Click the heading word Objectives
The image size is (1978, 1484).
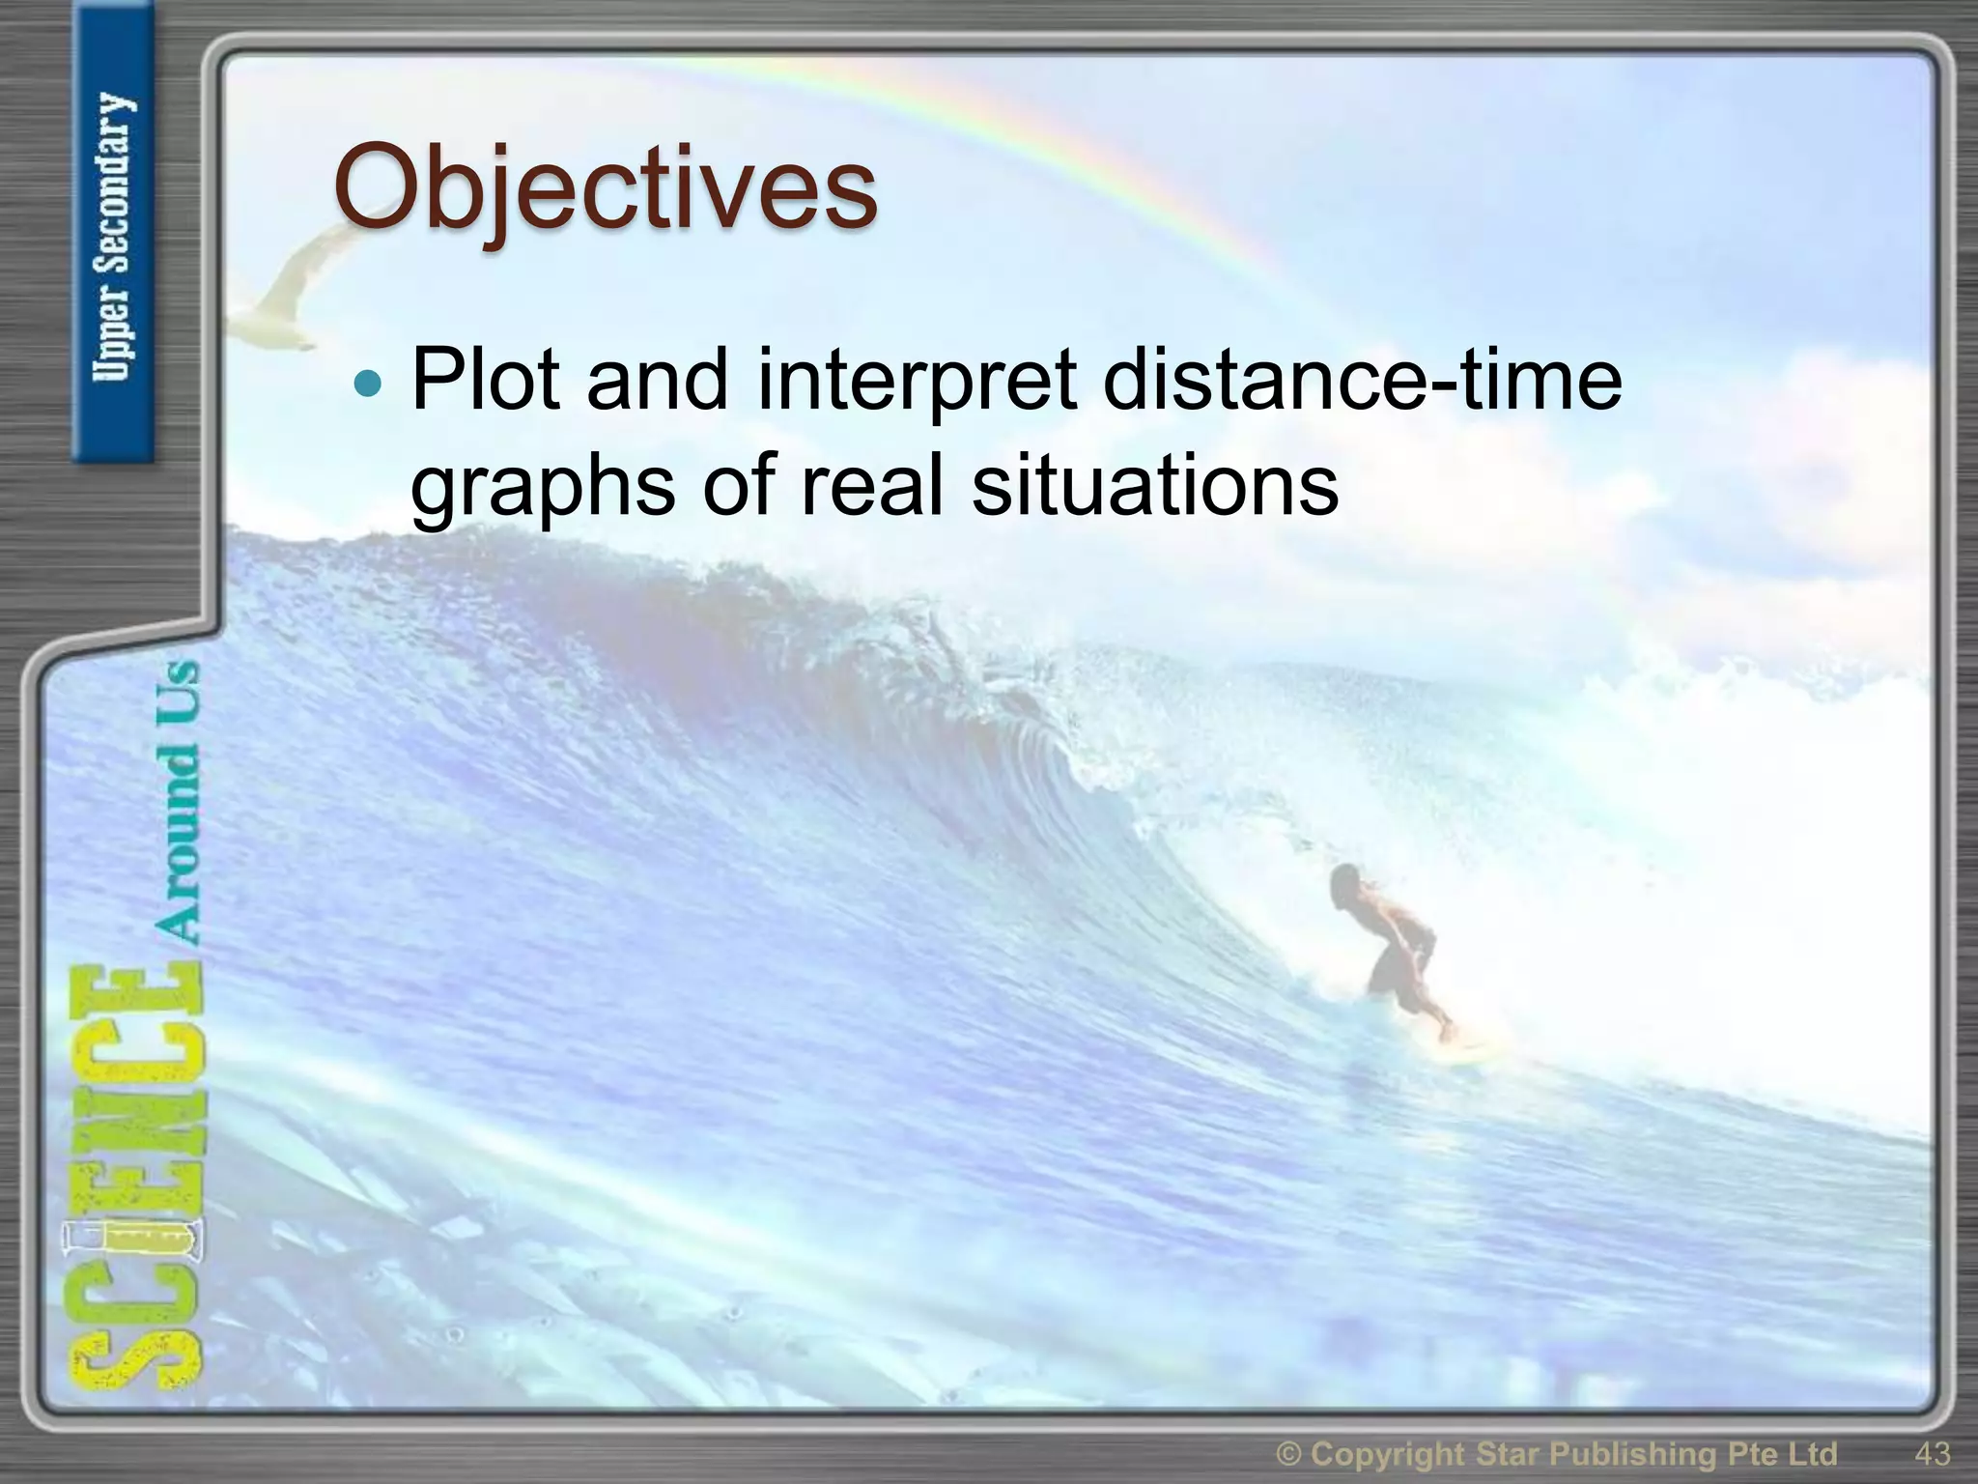(x=606, y=188)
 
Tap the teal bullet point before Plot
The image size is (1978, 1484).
(x=368, y=384)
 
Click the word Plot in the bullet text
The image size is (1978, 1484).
(x=486, y=379)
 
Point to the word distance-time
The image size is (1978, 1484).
(x=1362, y=379)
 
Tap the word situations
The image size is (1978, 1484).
(x=1155, y=485)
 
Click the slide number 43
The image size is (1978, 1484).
(x=1932, y=1453)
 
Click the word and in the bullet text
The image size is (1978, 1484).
(x=656, y=379)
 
